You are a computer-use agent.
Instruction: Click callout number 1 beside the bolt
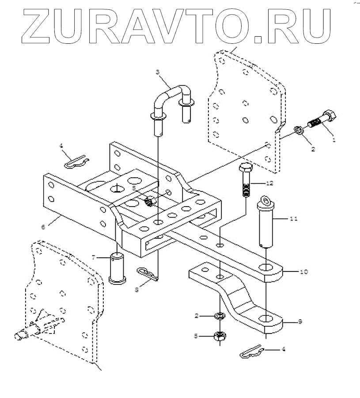334,140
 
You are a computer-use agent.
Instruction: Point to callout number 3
158,72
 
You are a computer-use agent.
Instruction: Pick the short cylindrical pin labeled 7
117,268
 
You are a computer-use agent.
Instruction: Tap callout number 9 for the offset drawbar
300,321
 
